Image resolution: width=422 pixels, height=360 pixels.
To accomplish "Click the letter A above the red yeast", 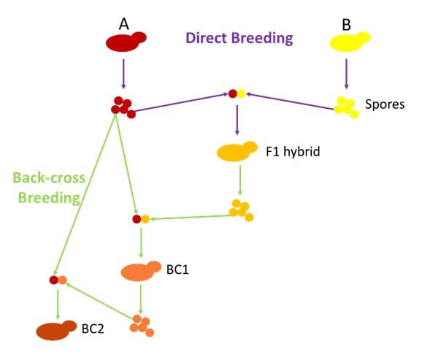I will coord(124,25).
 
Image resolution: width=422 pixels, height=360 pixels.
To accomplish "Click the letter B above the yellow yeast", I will coord(346,25).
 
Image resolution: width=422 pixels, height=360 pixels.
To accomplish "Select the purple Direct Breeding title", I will coord(239,39).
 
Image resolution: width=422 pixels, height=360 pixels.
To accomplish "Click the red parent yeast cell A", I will coord(126,42).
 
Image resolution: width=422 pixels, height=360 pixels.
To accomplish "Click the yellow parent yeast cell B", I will coord(350,42).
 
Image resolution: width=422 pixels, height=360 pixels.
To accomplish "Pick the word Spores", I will coord(384,104).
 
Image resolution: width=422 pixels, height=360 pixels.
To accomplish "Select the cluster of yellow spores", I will coord(345,107).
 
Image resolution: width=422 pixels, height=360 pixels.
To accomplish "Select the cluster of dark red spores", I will coord(123,107).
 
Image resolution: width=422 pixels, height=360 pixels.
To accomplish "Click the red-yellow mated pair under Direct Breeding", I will coord(237,93).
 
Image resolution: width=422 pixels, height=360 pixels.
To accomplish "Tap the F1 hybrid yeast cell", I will coord(237,152).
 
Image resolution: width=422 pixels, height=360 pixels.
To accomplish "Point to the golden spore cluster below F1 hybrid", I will coord(241,210).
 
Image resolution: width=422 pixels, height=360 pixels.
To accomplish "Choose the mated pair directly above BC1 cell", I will coord(141,218).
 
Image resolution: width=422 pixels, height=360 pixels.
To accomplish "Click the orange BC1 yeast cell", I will coord(142,271).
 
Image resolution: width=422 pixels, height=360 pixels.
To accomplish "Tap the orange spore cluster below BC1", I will coord(142,326).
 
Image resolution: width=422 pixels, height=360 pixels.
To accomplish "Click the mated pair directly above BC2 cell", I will coord(58,279).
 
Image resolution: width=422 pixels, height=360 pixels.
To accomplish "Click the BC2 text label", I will coord(93,329).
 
